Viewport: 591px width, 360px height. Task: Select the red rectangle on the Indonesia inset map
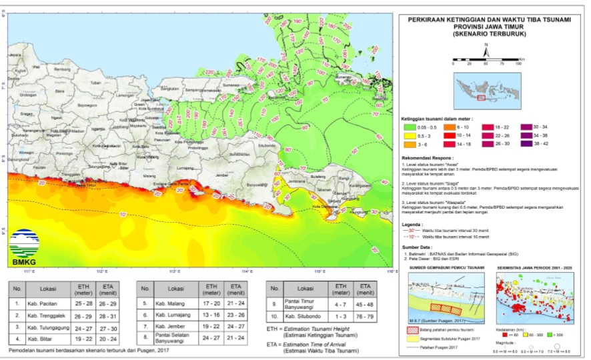click(481, 97)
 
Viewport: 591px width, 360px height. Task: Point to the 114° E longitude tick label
click(247, 271)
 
